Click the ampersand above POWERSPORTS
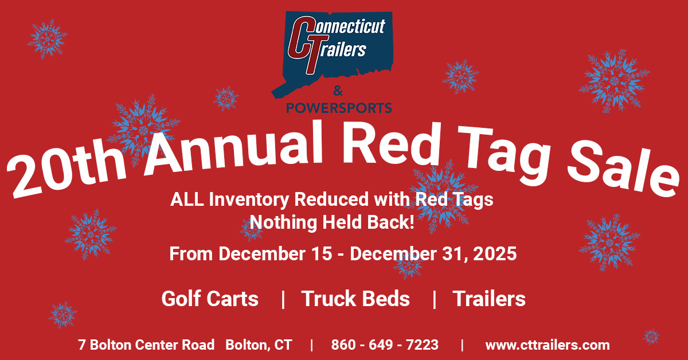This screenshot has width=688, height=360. pyautogui.click(x=338, y=91)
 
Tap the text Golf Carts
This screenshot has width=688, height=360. pyautogui.click(x=210, y=299)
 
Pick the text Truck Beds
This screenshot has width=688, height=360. pyautogui.click(x=355, y=299)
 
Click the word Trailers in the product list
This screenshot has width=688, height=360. pyautogui.click(x=489, y=299)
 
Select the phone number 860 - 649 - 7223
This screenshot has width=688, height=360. pyautogui.click(x=385, y=345)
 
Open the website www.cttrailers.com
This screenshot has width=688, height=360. pyautogui.click(x=548, y=345)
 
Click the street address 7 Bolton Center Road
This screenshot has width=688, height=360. pyautogui.click(x=146, y=345)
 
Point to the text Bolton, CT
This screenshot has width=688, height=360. pyautogui.click(x=259, y=345)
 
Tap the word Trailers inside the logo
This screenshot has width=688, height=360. pyautogui.click(x=339, y=49)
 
